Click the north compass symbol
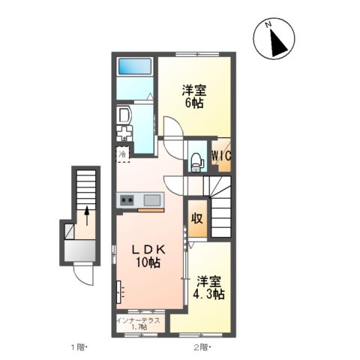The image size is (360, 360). [277, 40]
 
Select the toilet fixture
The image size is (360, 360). [196, 158]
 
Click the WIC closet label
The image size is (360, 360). [220, 156]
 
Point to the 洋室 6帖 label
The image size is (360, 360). [194, 97]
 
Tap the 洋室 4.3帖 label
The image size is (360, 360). [208, 288]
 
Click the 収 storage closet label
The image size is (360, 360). [196, 219]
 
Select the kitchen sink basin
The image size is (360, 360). [152, 199]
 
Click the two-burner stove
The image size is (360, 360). [127, 199]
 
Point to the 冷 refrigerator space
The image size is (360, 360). [122, 154]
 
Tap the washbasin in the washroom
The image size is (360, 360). [124, 115]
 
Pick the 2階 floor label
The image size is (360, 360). [201, 347]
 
